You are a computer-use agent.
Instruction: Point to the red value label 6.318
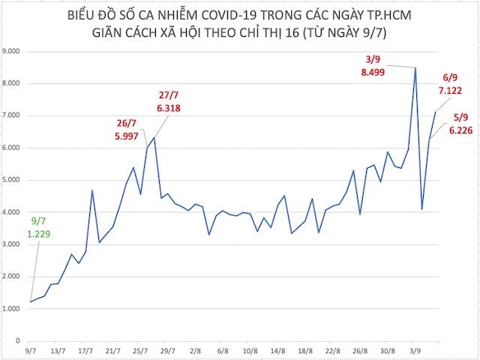(x=169, y=108)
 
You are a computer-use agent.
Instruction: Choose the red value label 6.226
(x=460, y=130)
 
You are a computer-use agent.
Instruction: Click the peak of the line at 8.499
(x=415, y=67)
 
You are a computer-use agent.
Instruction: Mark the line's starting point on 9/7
(x=31, y=301)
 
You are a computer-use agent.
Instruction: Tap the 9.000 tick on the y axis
(x=13, y=52)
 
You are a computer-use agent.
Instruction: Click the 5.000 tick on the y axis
(x=13, y=180)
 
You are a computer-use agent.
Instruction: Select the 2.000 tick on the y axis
(x=13, y=277)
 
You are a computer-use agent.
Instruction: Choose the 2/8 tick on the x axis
(x=196, y=350)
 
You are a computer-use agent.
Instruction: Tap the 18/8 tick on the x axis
(x=305, y=350)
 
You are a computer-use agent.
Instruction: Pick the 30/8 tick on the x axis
(x=388, y=350)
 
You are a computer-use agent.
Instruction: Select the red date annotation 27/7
(x=169, y=94)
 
